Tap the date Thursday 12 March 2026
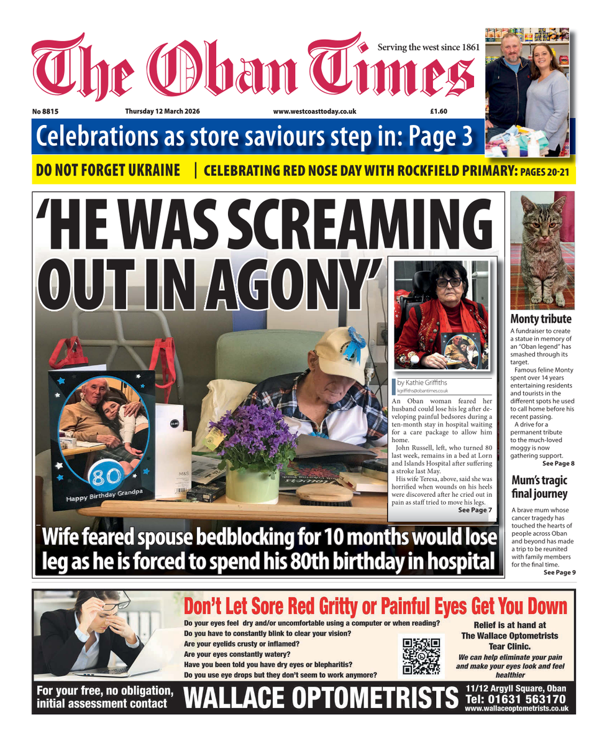point(157,111)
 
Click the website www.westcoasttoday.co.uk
point(314,111)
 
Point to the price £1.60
point(439,111)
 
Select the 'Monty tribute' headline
point(541,319)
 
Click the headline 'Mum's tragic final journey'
point(539,487)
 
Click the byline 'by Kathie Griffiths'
point(422,383)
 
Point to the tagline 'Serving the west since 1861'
point(429,47)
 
